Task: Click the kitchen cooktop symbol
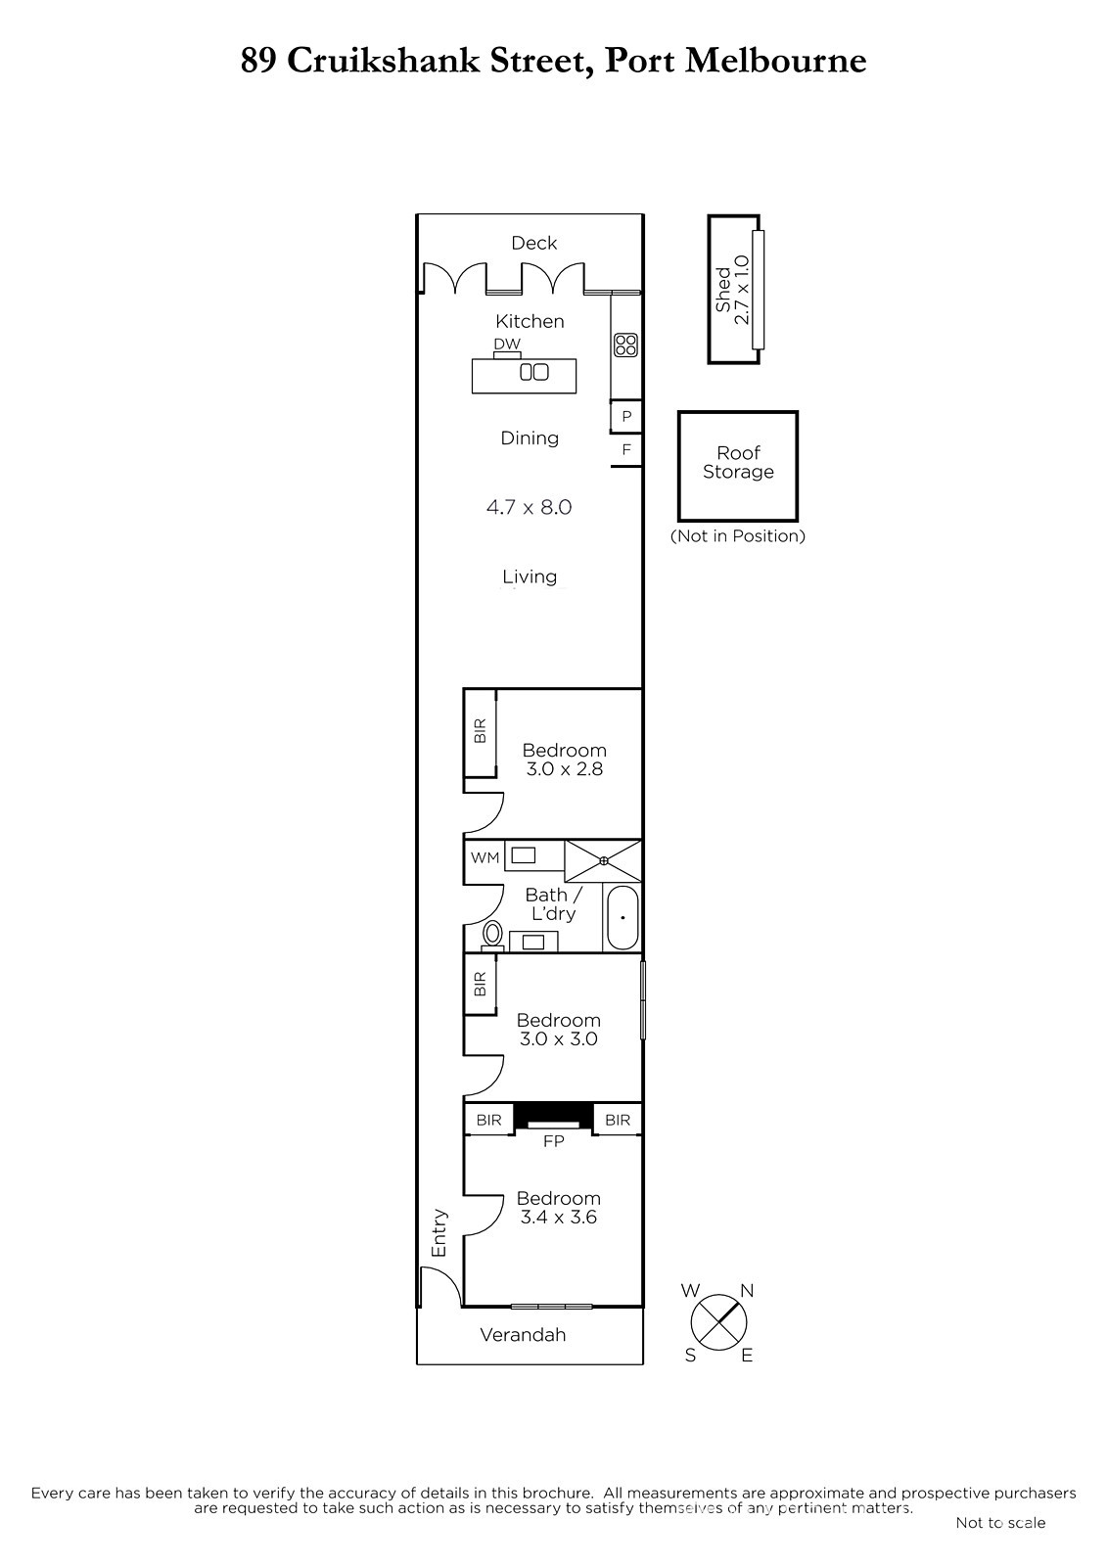coord(625,345)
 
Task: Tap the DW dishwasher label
coord(507,344)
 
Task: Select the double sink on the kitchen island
coord(534,372)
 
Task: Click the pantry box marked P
coord(626,417)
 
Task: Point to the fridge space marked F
coord(626,449)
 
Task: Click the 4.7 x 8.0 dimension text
coord(530,507)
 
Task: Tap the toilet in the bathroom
coord(492,934)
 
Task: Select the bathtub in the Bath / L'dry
coord(622,918)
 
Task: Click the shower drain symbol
coord(603,860)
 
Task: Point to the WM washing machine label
coord(484,857)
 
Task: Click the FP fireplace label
coord(554,1141)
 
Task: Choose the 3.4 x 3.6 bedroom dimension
coord(558,1218)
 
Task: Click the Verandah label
coord(523,1335)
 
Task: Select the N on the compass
coord(747,1291)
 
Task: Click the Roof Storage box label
coord(738,462)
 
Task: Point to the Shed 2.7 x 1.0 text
coord(732,290)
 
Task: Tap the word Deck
coord(534,243)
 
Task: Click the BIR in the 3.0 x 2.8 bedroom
coord(480,731)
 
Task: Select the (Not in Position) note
coord(738,536)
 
